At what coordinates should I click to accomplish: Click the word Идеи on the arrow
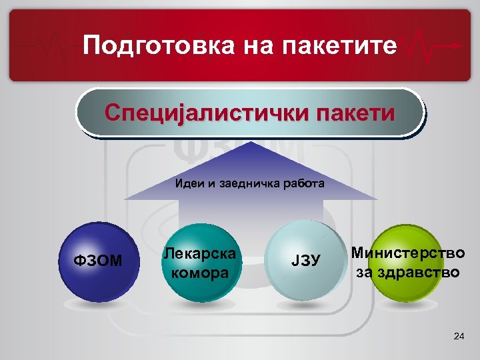coord(189,183)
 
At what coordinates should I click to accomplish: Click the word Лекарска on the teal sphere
coord(201,254)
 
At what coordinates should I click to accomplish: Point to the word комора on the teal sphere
coord(201,272)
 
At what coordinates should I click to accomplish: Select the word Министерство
coord(408,254)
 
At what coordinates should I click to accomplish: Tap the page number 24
coord(458,337)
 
